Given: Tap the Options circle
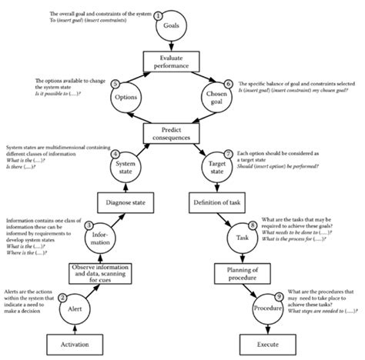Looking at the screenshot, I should click(126, 98).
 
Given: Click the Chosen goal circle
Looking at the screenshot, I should click(215, 98).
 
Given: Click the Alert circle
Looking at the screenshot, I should click(74, 308).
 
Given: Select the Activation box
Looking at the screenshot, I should click(74, 342).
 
